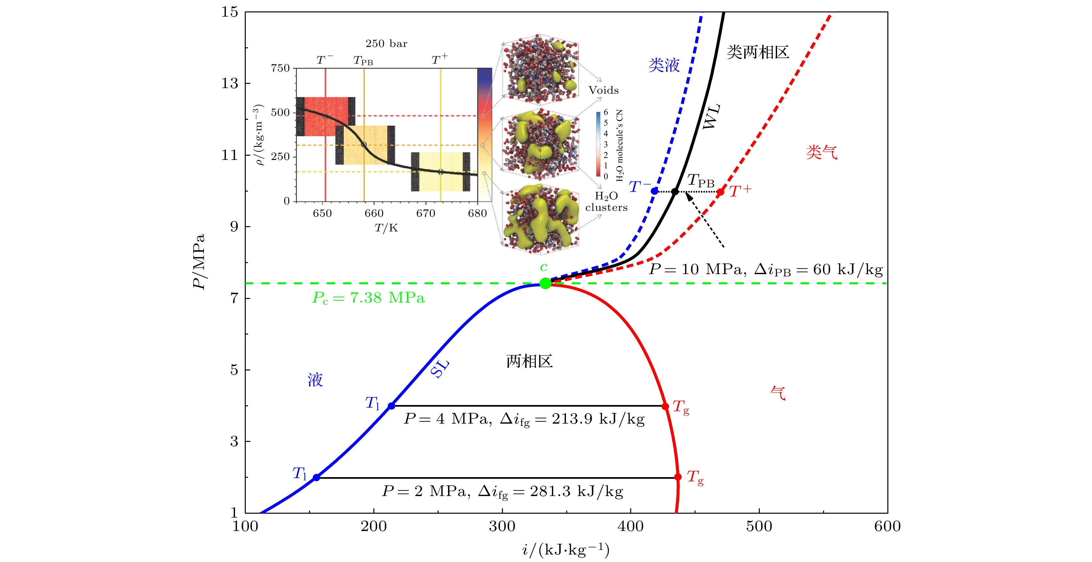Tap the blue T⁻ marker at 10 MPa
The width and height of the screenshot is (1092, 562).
pos(655,191)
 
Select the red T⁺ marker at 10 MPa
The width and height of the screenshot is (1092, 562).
pos(720,192)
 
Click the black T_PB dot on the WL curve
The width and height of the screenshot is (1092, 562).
pos(675,192)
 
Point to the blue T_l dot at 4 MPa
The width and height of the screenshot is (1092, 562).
pos(391,406)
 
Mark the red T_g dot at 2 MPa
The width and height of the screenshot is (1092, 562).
pos(678,477)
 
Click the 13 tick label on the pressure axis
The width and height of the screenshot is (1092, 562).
pos(230,83)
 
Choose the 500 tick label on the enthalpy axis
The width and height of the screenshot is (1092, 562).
pos(759,526)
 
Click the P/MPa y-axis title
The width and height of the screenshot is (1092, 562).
pos(199,261)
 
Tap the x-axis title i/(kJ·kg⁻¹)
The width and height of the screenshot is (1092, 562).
pos(566,550)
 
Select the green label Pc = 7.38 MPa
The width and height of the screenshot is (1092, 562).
pos(368,298)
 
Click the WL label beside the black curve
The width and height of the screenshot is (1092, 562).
pos(711,116)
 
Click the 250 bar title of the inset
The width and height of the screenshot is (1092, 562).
pos(386,44)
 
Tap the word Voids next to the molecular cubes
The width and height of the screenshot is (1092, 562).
pos(603,90)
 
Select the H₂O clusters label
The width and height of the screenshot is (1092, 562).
pos(606,201)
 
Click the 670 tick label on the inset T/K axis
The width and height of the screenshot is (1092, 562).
pos(426,213)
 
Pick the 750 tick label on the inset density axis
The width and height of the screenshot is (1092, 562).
pos(280,68)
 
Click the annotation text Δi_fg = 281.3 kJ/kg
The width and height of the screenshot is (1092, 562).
pos(550,492)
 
